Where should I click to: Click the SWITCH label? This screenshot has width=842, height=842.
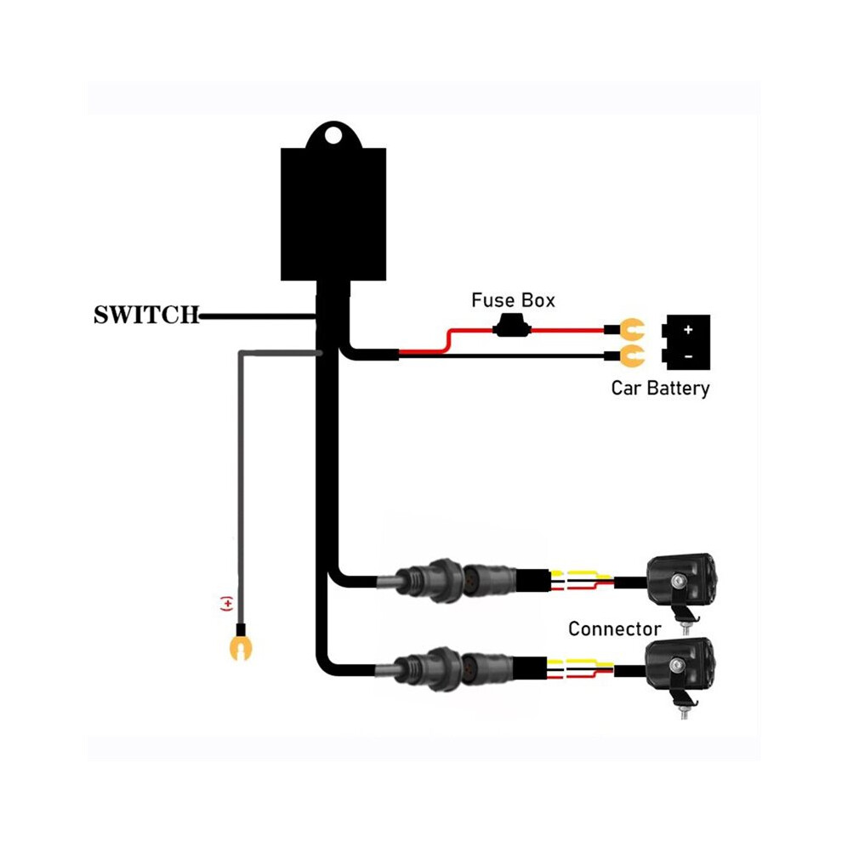(x=146, y=316)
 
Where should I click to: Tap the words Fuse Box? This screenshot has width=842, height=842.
(x=513, y=300)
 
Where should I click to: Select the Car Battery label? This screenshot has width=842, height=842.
(x=660, y=388)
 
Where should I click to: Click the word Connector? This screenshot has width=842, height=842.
(x=614, y=629)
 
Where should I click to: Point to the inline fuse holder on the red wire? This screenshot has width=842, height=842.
(x=512, y=326)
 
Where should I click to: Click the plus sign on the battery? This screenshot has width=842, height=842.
(x=688, y=330)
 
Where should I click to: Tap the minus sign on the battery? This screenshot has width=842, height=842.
(x=689, y=356)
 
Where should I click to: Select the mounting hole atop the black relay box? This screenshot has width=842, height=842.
(x=333, y=135)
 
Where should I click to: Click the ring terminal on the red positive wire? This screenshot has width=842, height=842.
(x=632, y=330)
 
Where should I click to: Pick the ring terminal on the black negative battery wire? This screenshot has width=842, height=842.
(x=632, y=356)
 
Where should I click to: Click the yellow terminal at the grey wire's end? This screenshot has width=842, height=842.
(x=240, y=647)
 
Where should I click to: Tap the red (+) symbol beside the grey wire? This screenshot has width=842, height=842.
(x=227, y=604)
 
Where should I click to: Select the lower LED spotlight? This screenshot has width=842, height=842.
(x=680, y=665)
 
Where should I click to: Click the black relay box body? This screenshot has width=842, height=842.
(x=333, y=213)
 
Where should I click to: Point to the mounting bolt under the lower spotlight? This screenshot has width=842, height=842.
(x=685, y=712)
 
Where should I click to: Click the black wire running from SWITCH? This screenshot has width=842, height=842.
(x=258, y=317)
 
